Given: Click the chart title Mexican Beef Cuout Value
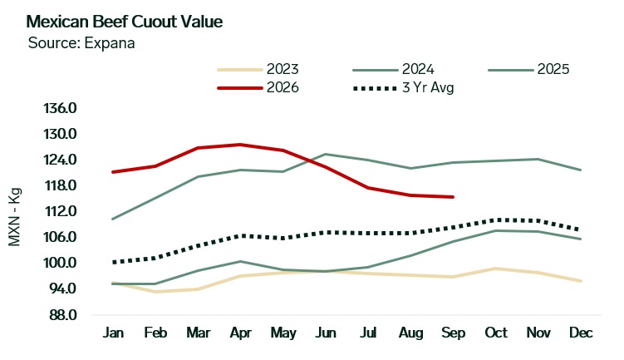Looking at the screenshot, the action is [x=124, y=22].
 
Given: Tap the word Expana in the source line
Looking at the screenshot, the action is [x=110, y=43].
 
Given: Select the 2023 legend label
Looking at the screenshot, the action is [x=283, y=69].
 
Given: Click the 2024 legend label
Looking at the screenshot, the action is [x=418, y=69].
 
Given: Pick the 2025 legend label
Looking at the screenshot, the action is [x=553, y=69].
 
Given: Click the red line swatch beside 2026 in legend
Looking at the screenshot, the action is [x=240, y=87].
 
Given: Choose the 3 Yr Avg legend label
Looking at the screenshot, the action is [x=428, y=87].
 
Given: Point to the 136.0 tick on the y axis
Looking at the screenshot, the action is [x=60, y=108].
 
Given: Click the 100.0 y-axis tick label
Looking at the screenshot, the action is [x=60, y=263].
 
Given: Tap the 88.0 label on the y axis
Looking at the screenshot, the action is [x=62, y=314].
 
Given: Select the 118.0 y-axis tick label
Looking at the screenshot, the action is [x=60, y=185].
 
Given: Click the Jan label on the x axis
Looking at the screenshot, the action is [x=113, y=333].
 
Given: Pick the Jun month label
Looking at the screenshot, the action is [x=326, y=333].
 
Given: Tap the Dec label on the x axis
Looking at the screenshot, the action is [x=581, y=333].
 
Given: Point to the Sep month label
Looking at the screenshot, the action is [x=454, y=333].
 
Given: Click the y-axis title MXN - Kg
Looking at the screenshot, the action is [x=14, y=217].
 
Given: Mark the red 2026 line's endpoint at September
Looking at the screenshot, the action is [x=454, y=197].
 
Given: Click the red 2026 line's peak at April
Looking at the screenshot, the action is [x=240, y=145].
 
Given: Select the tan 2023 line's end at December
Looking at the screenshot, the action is [x=581, y=281].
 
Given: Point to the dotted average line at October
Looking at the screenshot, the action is [x=496, y=219].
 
